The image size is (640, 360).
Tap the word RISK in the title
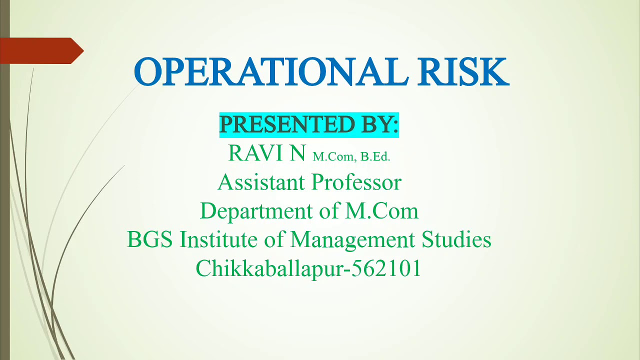pyautogui.click(x=463, y=72)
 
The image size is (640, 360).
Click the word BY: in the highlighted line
pyautogui.click(x=378, y=124)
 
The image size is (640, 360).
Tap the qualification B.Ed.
pyautogui.click(x=375, y=156)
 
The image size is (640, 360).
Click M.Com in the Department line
pyautogui.click(x=381, y=210)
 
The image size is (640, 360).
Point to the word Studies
pyautogui.click(x=456, y=239)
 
